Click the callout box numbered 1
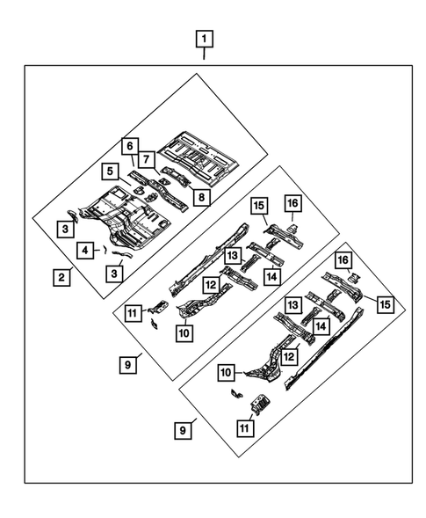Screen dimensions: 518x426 click(x=204, y=39)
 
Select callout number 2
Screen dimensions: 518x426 click(x=60, y=278)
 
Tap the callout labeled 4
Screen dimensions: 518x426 click(x=83, y=251)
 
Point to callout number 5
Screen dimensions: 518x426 click(x=109, y=172)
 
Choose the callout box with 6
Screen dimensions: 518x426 click(x=128, y=145)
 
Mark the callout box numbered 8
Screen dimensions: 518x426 click(x=201, y=198)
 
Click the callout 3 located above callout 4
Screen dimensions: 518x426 click(x=67, y=230)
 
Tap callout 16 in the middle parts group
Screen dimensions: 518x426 click(x=292, y=205)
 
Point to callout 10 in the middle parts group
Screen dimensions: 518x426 click(x=184, y=332)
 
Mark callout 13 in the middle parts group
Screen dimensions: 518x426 click(x=232, y=254)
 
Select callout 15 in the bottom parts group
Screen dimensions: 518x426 click(x=385, y=303)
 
